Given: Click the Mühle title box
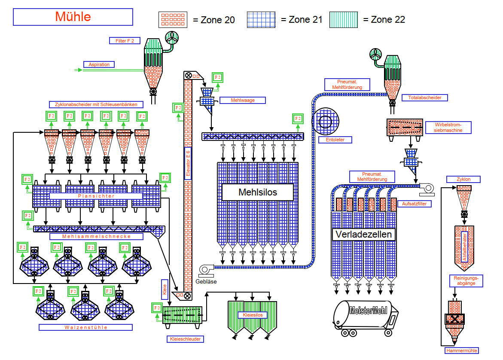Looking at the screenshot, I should (73, 17).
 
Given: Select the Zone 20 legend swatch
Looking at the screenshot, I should (173, 20).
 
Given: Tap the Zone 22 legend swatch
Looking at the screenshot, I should (344, 20).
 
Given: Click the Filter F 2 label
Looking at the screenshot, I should (125, 41).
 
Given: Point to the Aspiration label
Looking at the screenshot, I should (99, 64).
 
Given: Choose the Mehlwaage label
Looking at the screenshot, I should (243, 100).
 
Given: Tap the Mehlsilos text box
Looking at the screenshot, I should (258, 192).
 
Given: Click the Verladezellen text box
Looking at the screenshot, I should (364, 234).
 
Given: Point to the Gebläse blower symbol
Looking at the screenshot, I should (206, 270).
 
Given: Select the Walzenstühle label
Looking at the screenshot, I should (86, 327).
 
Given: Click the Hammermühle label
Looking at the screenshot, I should (461, 351).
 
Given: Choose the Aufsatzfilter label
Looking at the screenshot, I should (415, 204).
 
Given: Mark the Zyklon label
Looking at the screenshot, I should (463, 179).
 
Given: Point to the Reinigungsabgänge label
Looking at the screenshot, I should (466, 281).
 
